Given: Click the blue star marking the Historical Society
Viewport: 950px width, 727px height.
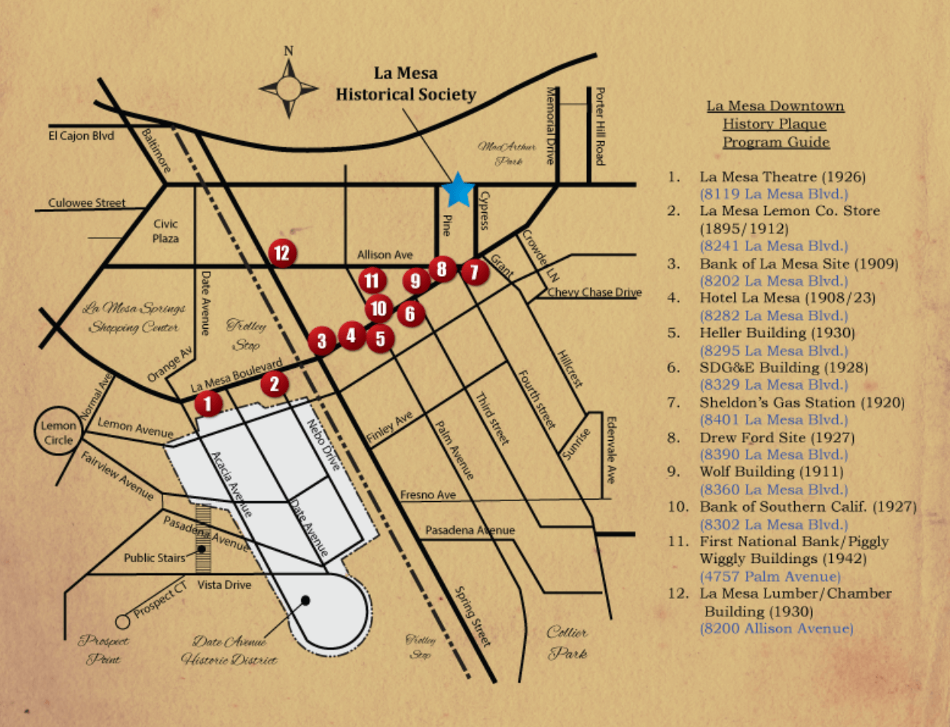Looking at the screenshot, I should coord(458,190).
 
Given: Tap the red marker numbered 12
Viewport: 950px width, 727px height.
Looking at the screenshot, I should coord(282,252).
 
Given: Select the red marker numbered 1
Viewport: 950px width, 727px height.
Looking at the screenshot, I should coord(208,404).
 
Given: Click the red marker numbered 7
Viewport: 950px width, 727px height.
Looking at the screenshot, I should coord(474,272).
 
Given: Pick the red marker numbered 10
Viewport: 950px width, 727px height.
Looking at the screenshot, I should coord(378,308).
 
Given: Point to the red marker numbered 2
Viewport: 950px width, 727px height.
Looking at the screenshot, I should coord(275,384).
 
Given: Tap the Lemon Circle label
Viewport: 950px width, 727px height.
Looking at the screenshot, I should coord(59,433).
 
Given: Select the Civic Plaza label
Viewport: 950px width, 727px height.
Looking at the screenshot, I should coord(166,230).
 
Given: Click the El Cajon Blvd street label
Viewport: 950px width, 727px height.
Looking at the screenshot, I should coord(81,136).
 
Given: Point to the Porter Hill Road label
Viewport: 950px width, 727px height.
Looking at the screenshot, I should coord(600,125).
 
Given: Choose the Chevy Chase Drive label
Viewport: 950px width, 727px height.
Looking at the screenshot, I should coord(594,292).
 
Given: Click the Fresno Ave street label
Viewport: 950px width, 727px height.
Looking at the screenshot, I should coord(428,495).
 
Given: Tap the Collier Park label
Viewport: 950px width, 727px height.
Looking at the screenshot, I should coord(568,642).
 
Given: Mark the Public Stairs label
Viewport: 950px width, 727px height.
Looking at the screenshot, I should coord(154,558).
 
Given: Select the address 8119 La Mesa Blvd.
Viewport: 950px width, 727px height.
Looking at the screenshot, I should coord(774,194).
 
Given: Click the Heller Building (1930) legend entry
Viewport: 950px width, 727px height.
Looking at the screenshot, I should coord(777,333).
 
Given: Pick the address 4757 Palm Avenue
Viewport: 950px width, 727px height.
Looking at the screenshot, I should coord(770,576).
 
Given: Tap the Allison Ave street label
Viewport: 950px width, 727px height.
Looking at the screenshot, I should coord(385,255).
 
